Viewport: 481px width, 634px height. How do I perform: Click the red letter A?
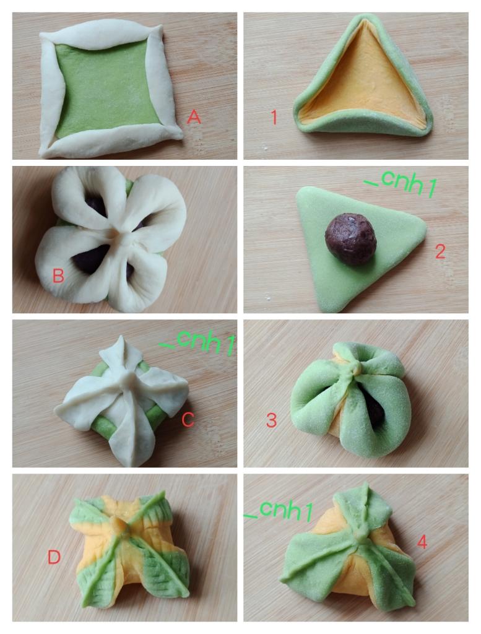(x=194, y=117)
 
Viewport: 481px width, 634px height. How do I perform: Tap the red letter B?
(x=59, y=276)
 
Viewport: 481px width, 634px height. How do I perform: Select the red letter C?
(x=188, y=420)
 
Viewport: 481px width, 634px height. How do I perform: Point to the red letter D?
(x=54, y=557)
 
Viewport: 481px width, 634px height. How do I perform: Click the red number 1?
(x=274, y=117)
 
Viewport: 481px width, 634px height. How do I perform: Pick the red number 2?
(x=440, y=251)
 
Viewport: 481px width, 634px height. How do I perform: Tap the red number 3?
(x=272, y=420)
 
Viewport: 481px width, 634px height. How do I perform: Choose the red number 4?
(x=422, y=542)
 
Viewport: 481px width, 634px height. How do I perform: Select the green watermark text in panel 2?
(x=400, y=183)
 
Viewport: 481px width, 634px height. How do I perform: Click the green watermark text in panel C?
(x=197, y=344)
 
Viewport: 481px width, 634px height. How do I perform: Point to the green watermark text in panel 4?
(x=279, y=510)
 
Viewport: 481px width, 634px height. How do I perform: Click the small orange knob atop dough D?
(x=116, y=524)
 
